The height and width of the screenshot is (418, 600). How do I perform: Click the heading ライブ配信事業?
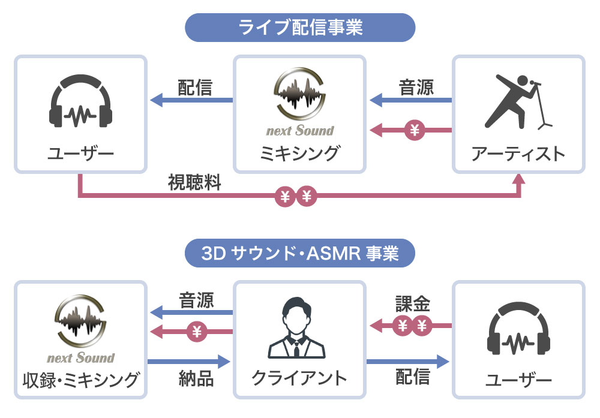(x=300, y=28)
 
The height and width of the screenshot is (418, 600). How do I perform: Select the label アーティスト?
(x=518, y=154)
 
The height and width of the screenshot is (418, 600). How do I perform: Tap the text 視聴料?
(x=194, y=183)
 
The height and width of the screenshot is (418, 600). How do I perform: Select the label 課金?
(x=412, y=304)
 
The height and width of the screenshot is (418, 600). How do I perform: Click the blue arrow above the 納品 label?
(x=189, y=361)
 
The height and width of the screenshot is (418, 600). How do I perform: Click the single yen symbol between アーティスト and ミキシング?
(x=413, y=129)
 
